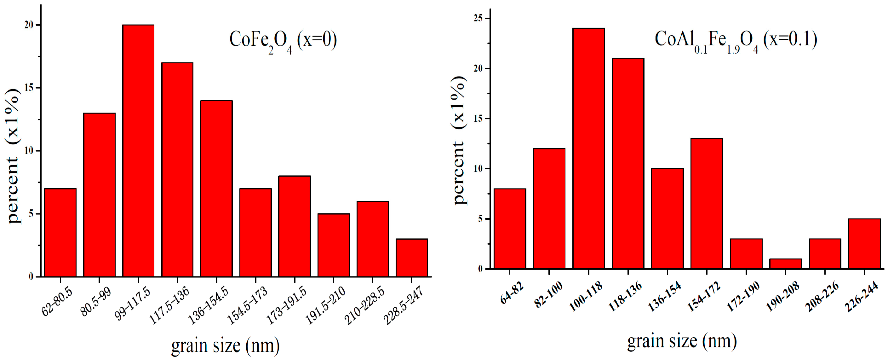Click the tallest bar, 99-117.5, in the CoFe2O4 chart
[x=138, y=151]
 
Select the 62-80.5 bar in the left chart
[x=60, y=232]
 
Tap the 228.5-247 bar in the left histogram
[x=412, y=258]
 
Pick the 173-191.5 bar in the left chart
[x=295, y=226]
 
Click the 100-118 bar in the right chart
[x=588, y=148]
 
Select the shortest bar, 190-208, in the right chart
[x=785, y=264]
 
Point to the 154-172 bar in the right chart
[x=707, y=203]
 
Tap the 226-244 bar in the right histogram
[x=864, y=243]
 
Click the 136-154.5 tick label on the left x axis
[x=208, y=305]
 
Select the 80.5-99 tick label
[x=96, y=302]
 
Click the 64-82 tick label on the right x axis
[x=512, y=293]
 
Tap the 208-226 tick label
[x=822, y=296]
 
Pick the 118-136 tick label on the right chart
[x=625, y=296]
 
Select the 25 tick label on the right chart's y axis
[x=478, y=18]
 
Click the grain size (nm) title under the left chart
[x=225, y=345]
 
